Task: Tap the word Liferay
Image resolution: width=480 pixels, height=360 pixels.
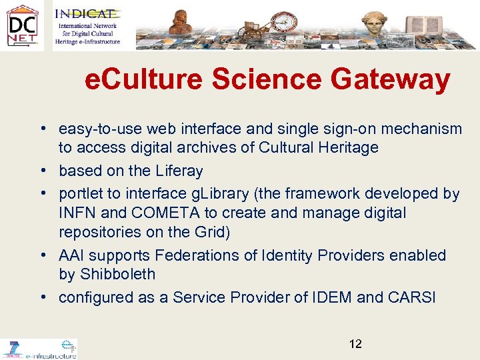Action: (x=179, y=171)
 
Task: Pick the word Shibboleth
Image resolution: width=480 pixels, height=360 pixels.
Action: (x=117, y=274)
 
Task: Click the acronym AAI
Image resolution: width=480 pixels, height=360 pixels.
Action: (x=71, y=255)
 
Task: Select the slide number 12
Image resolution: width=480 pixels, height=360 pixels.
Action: (x=355, y=344)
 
